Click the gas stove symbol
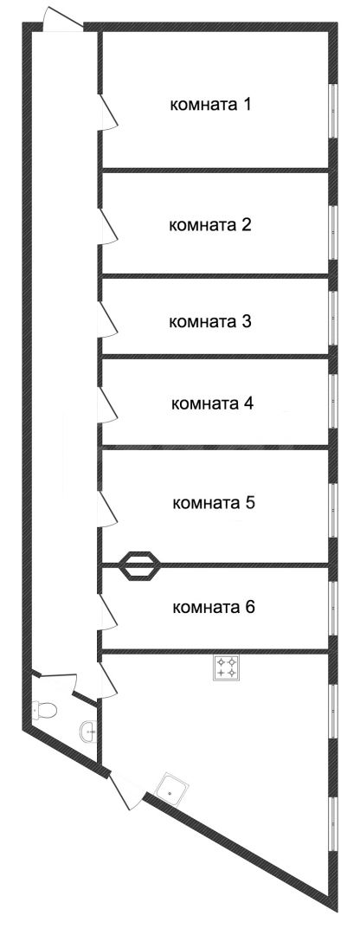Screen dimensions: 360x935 point(227,667)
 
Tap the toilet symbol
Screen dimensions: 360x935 point(45,710)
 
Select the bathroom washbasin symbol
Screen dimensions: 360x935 point(88,731)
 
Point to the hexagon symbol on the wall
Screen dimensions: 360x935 point(141,564)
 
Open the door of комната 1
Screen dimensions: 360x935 point(108,110)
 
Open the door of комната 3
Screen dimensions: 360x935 point(108,320)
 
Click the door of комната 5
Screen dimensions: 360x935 point(108,509)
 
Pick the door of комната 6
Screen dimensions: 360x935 point(108,612)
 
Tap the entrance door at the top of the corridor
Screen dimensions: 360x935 point(63,19)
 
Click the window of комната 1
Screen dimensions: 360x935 point(333,112)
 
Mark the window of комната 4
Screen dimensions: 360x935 point(333,402)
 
